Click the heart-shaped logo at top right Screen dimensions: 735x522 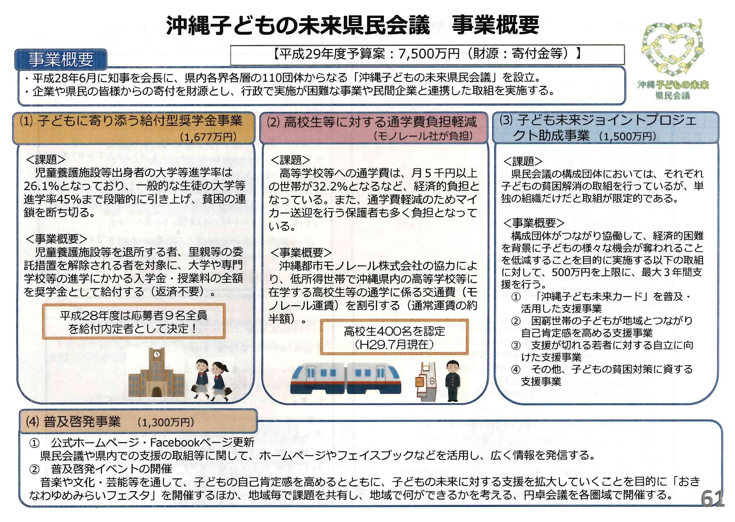[x=672, y=49]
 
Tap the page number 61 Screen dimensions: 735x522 [x=713, y=499]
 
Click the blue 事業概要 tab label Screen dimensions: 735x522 [x=61, y=59]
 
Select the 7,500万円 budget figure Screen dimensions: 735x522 [x=429, y=54]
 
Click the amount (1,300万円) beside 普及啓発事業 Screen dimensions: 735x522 [x=165, y=422]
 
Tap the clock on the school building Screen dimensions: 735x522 [x=157, y=354]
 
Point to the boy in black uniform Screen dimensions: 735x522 [x=452, y=381]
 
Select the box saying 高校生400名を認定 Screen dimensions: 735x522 [x=394, y=337]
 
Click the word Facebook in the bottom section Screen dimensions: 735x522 [x=175, y=442]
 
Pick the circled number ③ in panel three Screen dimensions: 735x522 [x=516, y=346]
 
